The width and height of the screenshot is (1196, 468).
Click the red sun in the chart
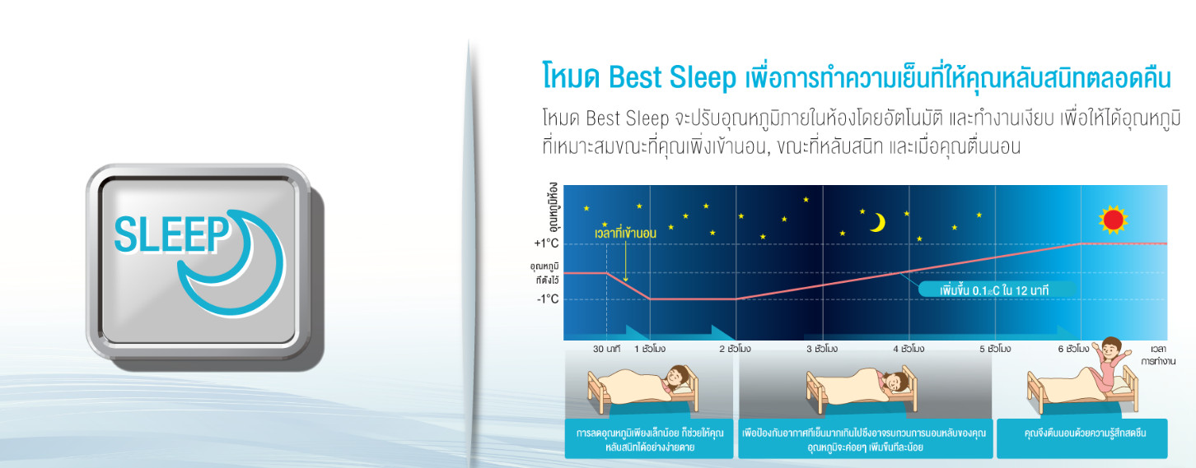(x=1114, y=220)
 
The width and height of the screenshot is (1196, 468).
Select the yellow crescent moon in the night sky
(x=878, y=222)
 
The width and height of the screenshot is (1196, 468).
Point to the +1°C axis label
(x=546, y=243)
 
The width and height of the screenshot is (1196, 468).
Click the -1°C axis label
(x=547, y=299)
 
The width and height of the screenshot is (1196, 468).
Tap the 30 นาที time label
(x=606, y=349)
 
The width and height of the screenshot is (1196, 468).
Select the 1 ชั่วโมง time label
(x=650, y=349)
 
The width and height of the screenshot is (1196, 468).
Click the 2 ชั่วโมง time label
(x=735, y=349)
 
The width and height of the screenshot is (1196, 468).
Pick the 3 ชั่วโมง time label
(x=822, y=349)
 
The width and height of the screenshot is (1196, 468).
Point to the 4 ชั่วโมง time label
(x=909, y=349)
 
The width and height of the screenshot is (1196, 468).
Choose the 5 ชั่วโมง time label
(x=995, y=349)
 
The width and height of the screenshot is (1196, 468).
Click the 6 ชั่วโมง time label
(x=1073, y=349)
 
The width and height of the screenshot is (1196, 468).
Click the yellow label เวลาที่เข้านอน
(x=625, y=233)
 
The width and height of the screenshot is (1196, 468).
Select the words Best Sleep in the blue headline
(x=671, y=77)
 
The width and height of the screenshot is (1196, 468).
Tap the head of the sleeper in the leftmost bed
(x=677, y=378)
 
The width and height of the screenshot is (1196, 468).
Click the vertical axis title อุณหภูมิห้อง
(x=554, y=206)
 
